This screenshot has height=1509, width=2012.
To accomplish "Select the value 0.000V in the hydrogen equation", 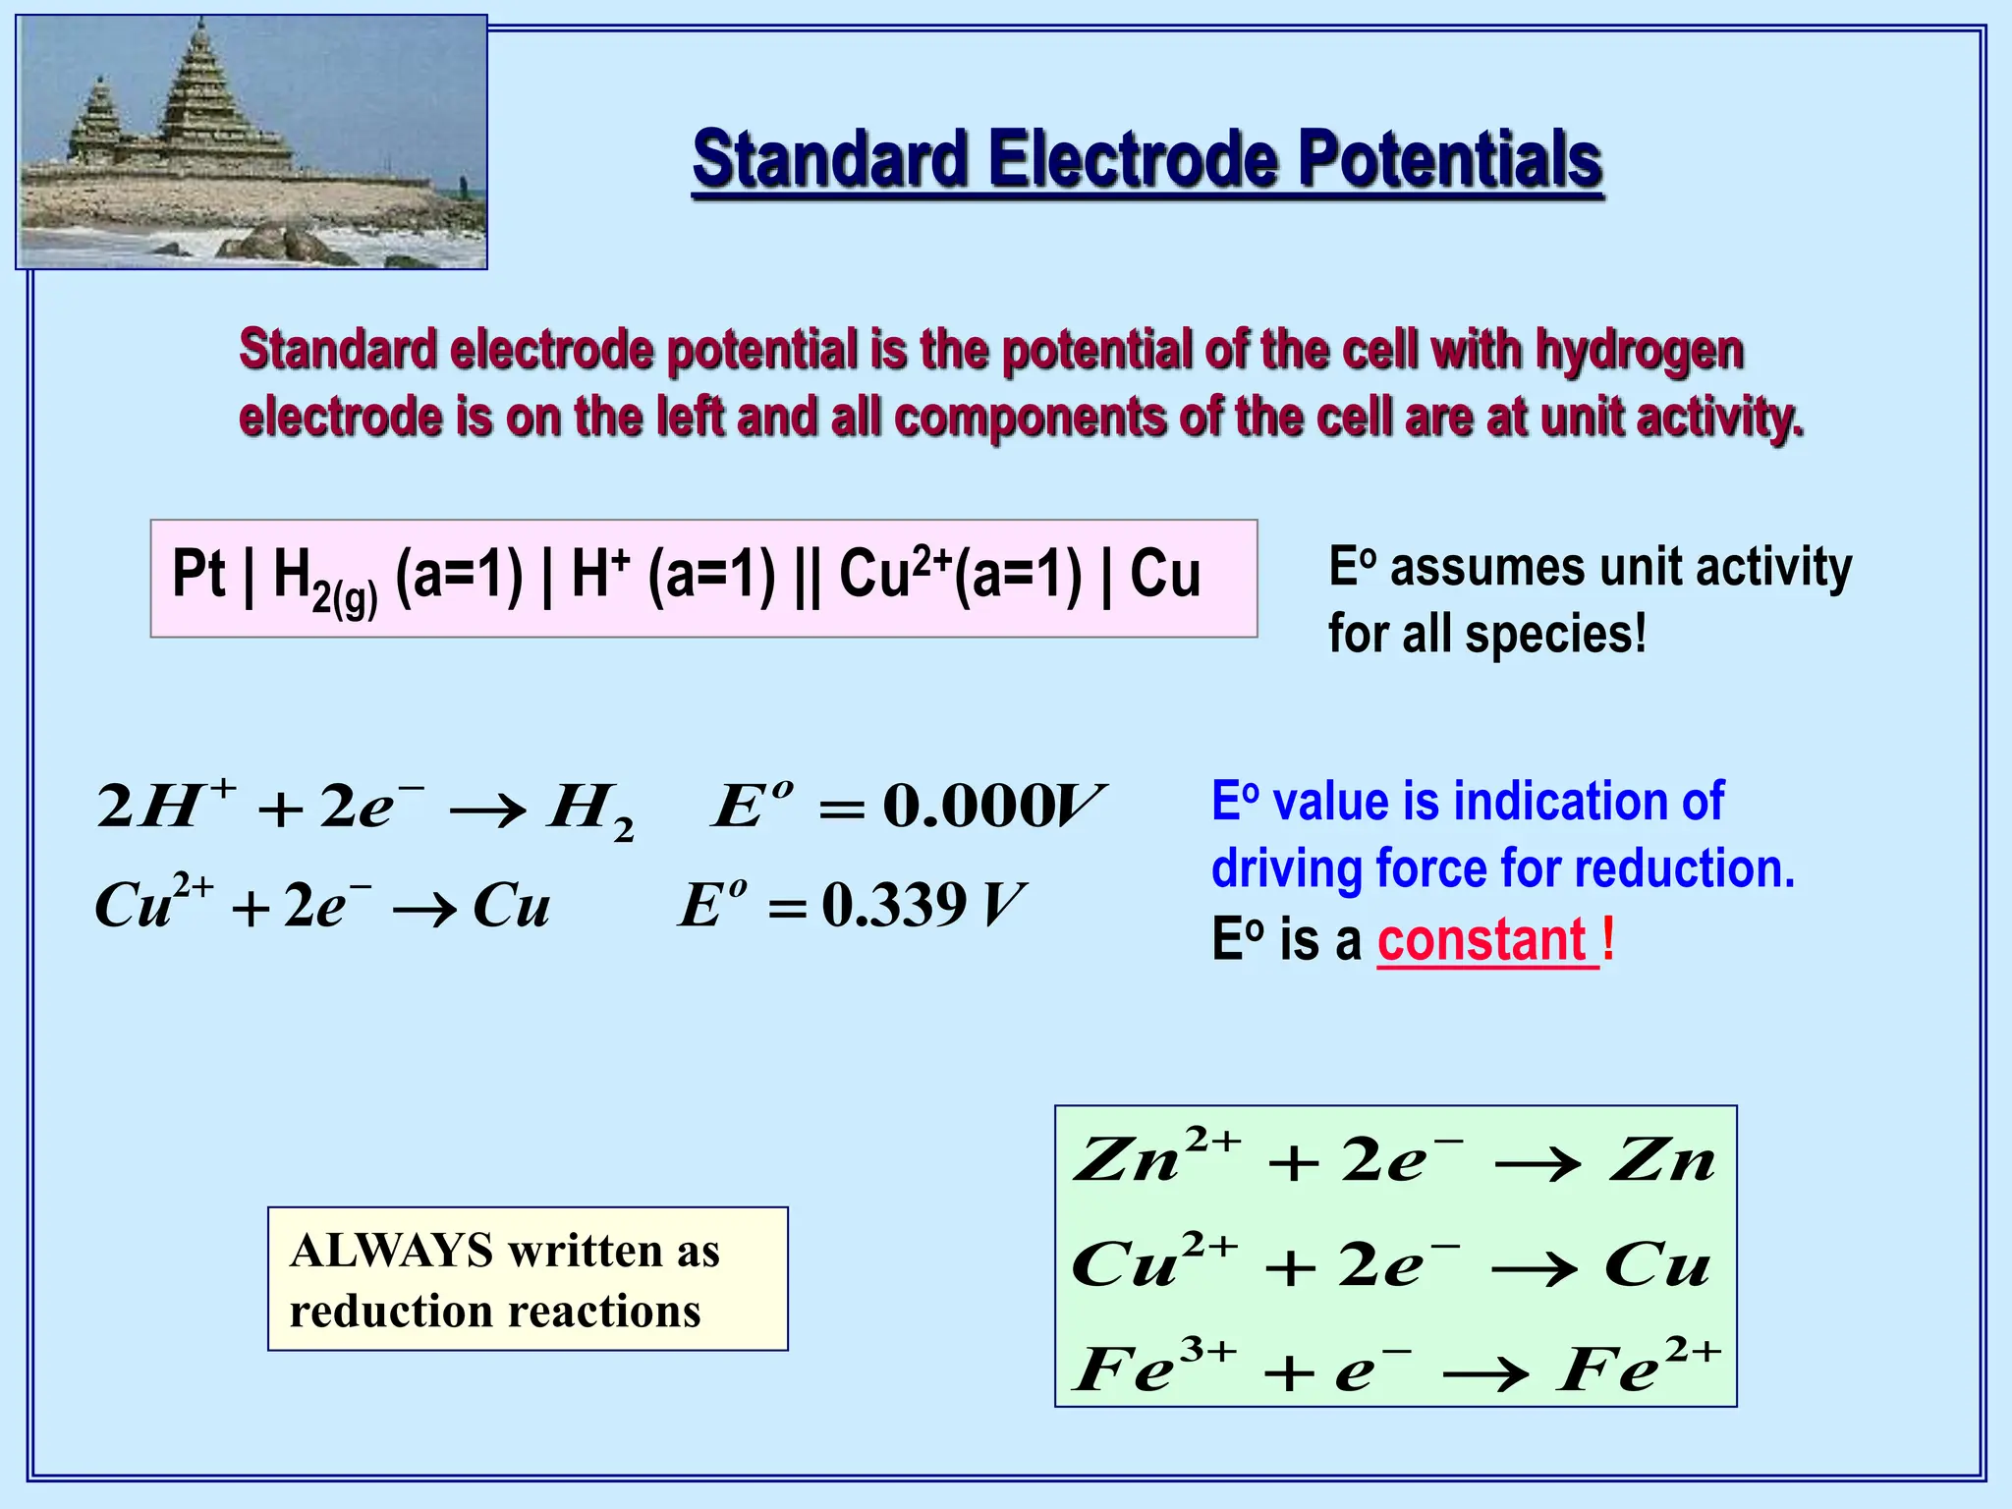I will (x=992, y=807).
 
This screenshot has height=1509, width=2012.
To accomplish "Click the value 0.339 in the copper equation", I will (x=894, y=905).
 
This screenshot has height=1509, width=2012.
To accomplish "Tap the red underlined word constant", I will (x=1482, y=940).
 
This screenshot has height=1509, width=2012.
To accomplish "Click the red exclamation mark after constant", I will (x=1607, y=938).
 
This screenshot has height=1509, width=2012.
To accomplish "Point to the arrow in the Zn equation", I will (x=1537, y=1164).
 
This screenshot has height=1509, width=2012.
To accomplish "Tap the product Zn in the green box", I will (x=1662, y=1160).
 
